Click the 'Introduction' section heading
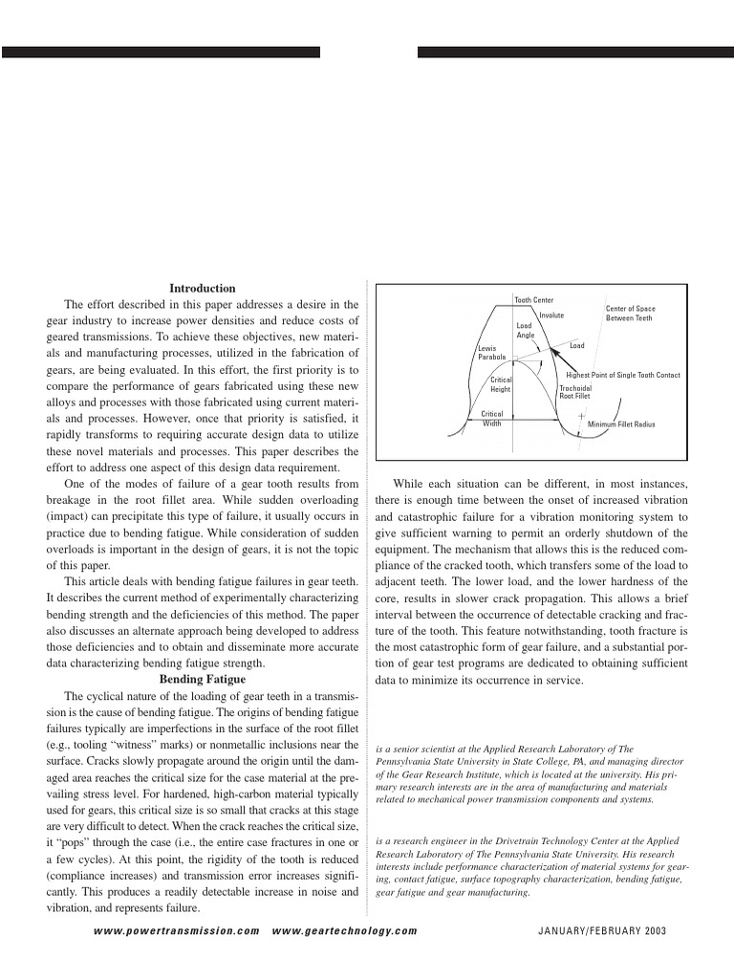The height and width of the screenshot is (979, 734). point(203,288)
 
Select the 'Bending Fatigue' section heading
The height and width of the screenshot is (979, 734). point(203,678)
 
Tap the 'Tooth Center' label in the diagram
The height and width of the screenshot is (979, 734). point(534,300)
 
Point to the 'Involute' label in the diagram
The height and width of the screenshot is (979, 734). point(551,315)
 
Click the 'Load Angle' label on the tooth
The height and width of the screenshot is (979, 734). point(526,331)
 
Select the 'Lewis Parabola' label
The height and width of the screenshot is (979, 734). point(491,353)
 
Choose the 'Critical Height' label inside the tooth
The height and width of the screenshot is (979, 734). point(501,384)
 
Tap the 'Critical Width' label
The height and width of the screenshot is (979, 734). point(491,419)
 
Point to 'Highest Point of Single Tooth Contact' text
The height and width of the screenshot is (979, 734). point(623,376)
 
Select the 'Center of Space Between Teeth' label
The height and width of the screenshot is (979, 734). point(630,313)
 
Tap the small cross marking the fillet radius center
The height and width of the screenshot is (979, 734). point(581,417)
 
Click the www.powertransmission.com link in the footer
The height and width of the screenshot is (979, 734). point(177,930)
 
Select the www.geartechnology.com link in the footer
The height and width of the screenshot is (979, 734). point(345,930)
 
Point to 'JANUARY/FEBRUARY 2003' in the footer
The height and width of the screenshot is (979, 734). point(604,930)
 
